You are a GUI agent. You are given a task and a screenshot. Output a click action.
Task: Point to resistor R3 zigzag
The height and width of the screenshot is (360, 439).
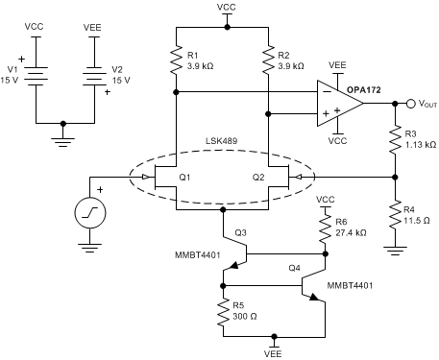click(x=395, y=143)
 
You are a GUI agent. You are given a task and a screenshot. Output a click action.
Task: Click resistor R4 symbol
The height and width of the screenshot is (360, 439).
click(x=395, y=211)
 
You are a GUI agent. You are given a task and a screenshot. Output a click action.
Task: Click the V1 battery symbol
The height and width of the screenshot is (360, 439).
click(x=37, y=74)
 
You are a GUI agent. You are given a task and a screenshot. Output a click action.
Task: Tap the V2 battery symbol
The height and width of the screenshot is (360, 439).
click(x=92, y=74)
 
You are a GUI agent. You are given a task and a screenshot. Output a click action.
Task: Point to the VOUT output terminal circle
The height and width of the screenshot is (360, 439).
click(x=382, y=104)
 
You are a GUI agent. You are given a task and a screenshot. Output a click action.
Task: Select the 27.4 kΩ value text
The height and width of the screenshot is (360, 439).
click(x=352, y=233)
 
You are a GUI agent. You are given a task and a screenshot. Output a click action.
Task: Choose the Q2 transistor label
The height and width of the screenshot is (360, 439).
click(x=257, y=178)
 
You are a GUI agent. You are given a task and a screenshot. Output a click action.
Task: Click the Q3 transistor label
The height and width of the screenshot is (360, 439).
click(x=240, y=233)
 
